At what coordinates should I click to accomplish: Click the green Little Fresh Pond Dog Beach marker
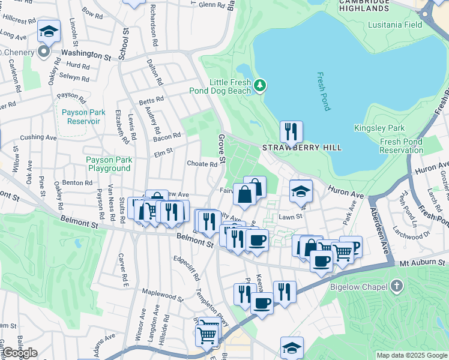[259, 86]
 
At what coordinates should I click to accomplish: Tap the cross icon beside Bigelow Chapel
[397, 286]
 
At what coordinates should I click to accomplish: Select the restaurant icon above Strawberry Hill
[291, 131]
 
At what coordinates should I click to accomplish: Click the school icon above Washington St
[49, 31]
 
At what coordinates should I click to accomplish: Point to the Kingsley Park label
[388, 128]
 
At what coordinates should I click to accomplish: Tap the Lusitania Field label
[397, 25]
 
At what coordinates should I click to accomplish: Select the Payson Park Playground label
[108, 164]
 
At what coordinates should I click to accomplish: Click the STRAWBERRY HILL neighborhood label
[302, 148]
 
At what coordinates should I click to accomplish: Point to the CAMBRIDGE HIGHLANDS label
[364, 5]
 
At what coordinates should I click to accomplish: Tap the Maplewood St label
[163, 296]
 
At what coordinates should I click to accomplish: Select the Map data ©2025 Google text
[412, 355]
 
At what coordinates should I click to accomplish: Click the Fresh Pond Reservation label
[409, 146]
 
